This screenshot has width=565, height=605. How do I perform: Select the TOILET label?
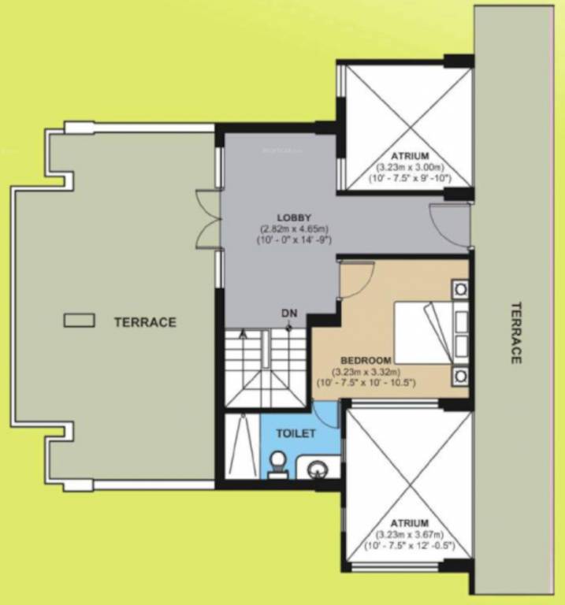(296, 433)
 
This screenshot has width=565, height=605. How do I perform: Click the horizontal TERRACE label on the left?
(144, 321)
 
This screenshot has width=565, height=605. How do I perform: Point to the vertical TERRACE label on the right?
(515, 332)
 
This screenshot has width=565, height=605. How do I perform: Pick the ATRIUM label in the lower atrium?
(407, 523)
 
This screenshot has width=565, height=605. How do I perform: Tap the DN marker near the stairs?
(289, 314)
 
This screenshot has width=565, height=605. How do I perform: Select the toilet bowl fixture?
(277, 464)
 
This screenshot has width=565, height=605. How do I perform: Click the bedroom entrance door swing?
(355, 280)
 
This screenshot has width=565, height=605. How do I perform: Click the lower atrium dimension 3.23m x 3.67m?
(407, 535)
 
